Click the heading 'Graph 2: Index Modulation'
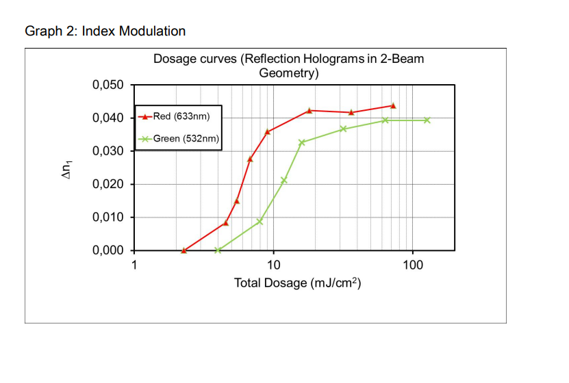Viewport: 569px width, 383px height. (105, 31)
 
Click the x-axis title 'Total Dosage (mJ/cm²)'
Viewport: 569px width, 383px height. (297, 283)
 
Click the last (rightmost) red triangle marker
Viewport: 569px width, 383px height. (393, 106)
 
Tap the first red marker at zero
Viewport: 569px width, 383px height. (184, 250)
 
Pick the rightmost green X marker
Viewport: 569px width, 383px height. (427, 120)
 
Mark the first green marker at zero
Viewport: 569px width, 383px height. (218, 250)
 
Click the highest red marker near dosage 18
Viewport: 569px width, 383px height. (309, 110)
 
